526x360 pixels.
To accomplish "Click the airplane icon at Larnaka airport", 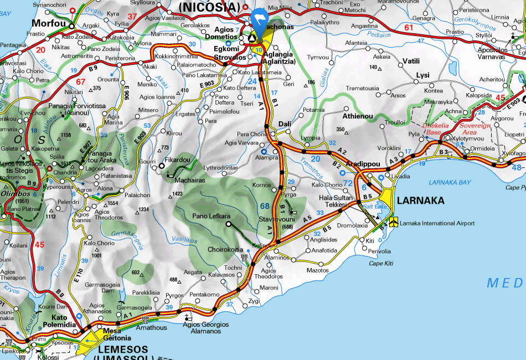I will [393, 223].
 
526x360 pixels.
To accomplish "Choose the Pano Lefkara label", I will [211, 215].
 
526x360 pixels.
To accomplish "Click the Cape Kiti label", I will [381, 263].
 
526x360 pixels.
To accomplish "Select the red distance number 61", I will [409, 28].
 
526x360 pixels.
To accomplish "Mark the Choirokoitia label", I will [225, 250].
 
